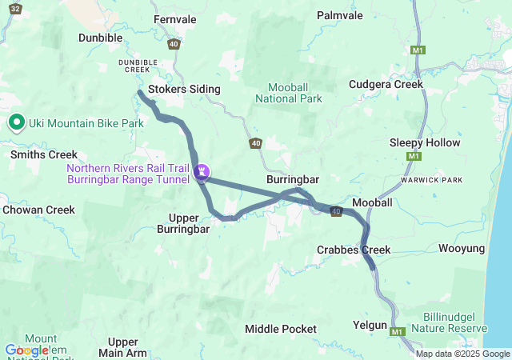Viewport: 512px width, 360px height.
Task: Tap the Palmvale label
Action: point(339,15)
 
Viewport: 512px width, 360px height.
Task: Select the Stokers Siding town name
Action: point(183,89)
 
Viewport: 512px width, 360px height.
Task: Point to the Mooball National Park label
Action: point(288,93)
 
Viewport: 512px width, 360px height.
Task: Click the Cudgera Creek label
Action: point(386,84)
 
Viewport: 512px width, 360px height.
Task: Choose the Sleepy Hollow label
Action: point(425,142)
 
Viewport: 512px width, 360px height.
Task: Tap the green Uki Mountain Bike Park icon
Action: point(16,122)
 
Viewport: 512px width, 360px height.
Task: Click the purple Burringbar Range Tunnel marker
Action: point(202,170)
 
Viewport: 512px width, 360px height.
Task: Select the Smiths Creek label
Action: point(44,154)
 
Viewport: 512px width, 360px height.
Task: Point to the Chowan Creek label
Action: point(38,210)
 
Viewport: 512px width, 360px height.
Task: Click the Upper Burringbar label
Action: point(189,222)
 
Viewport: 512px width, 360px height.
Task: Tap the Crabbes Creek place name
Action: point(354,250)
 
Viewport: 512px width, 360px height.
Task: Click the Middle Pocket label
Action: point(280,329)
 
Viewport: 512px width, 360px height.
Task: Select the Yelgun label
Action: point(370,326)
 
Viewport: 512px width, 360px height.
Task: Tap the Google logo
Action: point(26,350)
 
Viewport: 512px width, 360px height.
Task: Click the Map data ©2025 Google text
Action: point(462,354)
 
